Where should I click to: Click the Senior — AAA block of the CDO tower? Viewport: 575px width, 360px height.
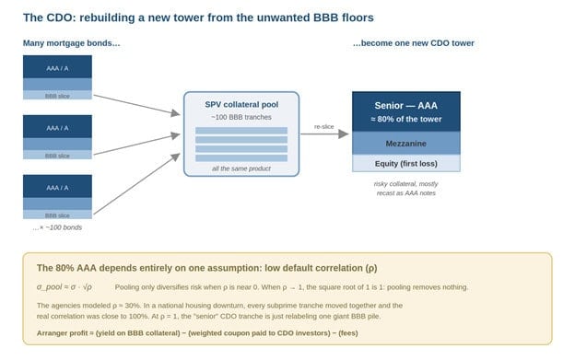(406, 111)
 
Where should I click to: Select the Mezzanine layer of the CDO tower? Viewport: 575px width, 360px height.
(406, 144)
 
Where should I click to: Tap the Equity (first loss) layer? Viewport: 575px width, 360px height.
(406, 163)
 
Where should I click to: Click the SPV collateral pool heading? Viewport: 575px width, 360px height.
(241, 104)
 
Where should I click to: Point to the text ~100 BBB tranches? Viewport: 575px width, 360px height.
(241, 117)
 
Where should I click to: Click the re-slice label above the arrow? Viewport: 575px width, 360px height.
(323, 126)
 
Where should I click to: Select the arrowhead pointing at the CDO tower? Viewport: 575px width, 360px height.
(343, 134)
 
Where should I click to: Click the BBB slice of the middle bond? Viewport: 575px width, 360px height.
(57, 155)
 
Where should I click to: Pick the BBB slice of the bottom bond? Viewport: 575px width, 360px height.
(57, 215)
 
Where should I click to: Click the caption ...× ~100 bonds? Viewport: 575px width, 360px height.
(57, 227)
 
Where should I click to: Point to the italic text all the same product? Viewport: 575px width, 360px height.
(241, 168)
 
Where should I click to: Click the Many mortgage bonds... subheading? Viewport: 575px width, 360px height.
(72, 43)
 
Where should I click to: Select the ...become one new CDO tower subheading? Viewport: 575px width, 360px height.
(413, 43)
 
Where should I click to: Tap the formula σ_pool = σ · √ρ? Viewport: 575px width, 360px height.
(65, 287)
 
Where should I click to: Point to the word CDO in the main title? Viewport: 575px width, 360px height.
(60, 17)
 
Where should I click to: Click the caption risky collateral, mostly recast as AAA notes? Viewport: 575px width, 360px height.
(406, 188)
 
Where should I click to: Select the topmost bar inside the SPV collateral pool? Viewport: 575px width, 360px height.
(241, 131)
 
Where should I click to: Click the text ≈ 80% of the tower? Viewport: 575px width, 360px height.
(406, 119)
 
